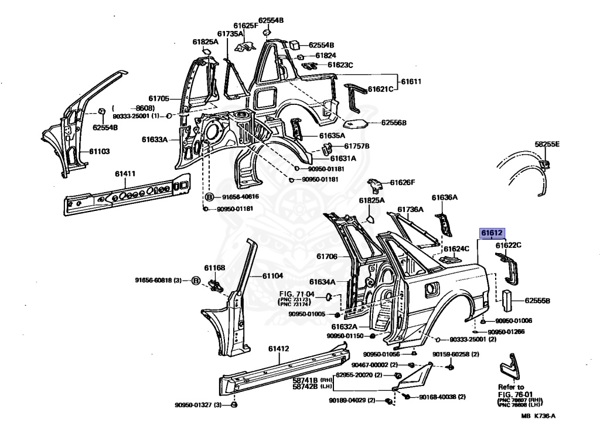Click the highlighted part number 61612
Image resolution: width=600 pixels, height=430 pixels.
[492, 233]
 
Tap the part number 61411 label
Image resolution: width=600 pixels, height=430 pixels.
[125, 173]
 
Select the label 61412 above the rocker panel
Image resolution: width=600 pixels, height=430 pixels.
[279, 349]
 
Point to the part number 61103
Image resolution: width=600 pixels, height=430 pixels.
[99, 151]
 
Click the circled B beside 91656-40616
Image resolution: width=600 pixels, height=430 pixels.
[209, 196]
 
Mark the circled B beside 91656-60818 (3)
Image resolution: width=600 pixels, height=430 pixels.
[196, 280]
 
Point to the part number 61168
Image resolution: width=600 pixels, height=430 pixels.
[214, 268]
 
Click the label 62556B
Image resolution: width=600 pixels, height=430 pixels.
[393, 122]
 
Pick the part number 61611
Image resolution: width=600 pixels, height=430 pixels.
[411, 81]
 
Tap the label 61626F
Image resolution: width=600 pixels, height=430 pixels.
[403, 182]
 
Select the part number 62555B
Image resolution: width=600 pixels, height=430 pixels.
[537, 301]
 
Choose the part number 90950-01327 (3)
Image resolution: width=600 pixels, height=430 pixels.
[197, 405]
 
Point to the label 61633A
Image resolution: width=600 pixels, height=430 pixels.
[154, 139]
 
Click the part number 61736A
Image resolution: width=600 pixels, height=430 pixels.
[410, 209]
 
